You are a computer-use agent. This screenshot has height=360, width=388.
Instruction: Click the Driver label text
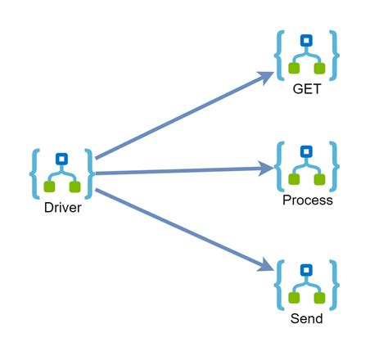pyautogui.click(x=62, y=207)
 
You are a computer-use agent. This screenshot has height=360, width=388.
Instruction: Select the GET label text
pyautogui.click(x=307, y=88)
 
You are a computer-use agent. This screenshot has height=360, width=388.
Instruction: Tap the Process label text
pyautogui.click(x=307, y=200)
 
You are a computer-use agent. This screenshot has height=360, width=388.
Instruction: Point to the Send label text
pyautogui.click(x=307, y=318)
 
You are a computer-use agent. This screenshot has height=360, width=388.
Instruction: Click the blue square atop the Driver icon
pyautogui.click(x=62, y=159)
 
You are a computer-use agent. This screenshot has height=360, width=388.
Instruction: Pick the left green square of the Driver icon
pyautogui.click(x=49, y=186)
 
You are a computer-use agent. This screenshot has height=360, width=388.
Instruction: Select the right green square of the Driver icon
pyautogui.click(x=75, y=186)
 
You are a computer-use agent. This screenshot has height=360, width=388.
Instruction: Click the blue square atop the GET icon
pyautogui.click(x=307, y=39)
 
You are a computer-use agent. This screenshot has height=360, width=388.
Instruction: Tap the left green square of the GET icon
pyautogui.click(x=294, y=67)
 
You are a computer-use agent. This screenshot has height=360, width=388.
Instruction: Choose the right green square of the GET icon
pyautogui.click(x=320, y=67)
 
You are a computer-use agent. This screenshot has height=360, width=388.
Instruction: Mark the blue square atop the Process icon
pyautogui.click(x=307, y=151)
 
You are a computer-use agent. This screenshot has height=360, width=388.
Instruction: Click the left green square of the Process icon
pyautogui.click(x=294, y=179)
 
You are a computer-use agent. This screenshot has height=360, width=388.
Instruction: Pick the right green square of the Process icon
pyautogui.click(x=320, y=179)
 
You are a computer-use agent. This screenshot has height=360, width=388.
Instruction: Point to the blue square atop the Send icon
pyautogui.click(x=307, y=269)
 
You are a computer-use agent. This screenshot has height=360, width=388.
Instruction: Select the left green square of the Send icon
pyautogui.click(x=294, y=297)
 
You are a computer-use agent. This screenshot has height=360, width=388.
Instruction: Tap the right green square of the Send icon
pyautogui.click(x=320, y=297)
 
